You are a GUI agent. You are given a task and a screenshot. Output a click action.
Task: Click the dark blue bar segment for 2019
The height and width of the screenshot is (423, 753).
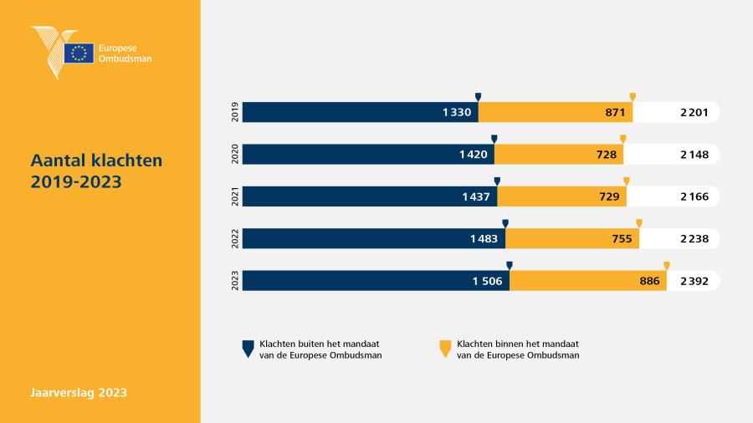(x=360, y=112)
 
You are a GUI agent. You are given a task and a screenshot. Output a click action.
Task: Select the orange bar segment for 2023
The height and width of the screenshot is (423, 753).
(x=588, y=281)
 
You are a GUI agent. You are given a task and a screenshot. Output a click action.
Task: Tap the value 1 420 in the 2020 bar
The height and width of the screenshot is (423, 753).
(x=473, y=155)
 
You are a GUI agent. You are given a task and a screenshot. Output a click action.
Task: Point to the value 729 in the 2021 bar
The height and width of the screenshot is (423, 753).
(x=609, y=196)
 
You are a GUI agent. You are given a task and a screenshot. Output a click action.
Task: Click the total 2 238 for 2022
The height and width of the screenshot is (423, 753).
(x=694, y=239)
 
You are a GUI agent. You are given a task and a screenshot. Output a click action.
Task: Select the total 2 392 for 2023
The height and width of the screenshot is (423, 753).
(x=694, y=281)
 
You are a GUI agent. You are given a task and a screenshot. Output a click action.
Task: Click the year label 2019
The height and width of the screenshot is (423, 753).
(x=235, y=112)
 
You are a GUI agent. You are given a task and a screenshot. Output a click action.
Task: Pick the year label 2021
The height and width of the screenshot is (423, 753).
(x=235, y=196)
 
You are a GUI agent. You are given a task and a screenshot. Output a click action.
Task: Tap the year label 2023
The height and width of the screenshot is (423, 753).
(x=235, y=281)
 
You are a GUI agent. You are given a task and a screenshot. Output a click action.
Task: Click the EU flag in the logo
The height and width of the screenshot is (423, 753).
(x=79, y=54)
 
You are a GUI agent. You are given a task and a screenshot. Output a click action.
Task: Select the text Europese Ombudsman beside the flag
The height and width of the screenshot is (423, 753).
(x=125, y=54)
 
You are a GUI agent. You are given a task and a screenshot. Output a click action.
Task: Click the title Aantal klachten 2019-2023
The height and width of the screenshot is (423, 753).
(x=96, y=171)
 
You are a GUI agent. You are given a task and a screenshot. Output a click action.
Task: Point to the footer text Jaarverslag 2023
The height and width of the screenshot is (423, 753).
(x=79, y=392)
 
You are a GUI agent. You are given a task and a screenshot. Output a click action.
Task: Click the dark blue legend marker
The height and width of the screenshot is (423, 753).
(x=248, y=349)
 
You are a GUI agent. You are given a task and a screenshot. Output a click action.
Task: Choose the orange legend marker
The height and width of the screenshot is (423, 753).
(x=445, y=349)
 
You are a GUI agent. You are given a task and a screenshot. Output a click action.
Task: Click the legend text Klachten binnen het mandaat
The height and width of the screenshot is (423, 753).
(x=518, y=344)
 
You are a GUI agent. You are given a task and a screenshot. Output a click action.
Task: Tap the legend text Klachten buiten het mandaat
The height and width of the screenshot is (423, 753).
(x=320, y=344)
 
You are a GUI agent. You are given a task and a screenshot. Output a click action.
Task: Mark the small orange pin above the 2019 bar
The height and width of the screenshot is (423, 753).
(x=633, y=97)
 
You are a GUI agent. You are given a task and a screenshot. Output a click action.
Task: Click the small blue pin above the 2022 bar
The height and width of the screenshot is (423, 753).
(x=505, y=224)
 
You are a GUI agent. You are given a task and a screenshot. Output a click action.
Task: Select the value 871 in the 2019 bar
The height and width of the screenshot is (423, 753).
(x=615, y=112)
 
